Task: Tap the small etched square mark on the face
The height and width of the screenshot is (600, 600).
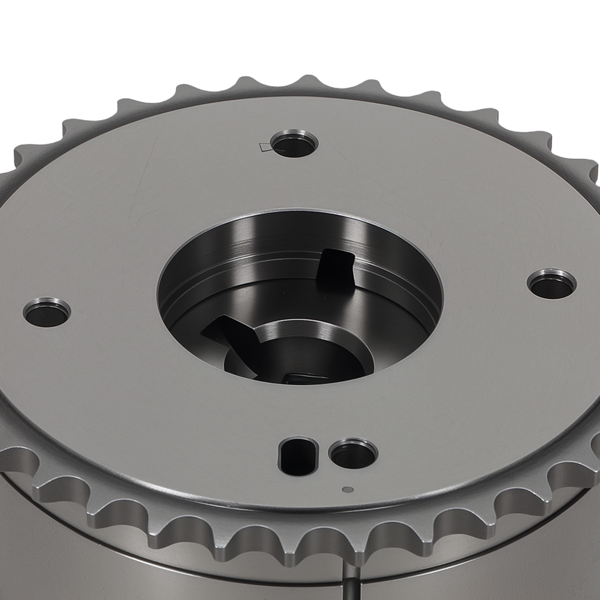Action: pos(265,147)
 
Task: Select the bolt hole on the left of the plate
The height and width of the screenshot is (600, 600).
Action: pos(46,312)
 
